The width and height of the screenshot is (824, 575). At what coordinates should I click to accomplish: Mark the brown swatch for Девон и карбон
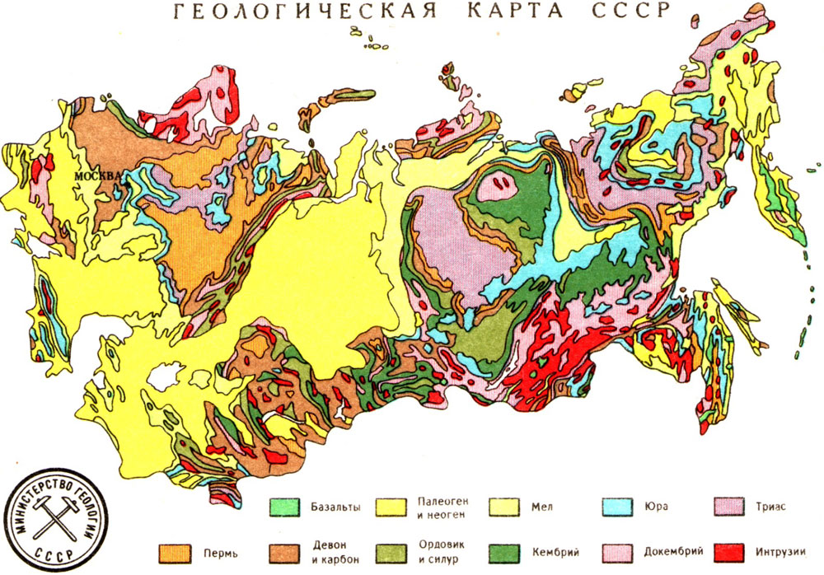(x=286, y=551)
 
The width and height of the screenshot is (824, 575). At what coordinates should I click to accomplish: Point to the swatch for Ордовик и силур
(x=395, y=551)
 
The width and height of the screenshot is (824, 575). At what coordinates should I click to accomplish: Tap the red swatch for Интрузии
(x=723, y=551)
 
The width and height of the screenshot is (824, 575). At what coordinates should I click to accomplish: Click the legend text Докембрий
(x=667, y=551)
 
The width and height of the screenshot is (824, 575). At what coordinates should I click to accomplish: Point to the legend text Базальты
(x=336, y=507)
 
